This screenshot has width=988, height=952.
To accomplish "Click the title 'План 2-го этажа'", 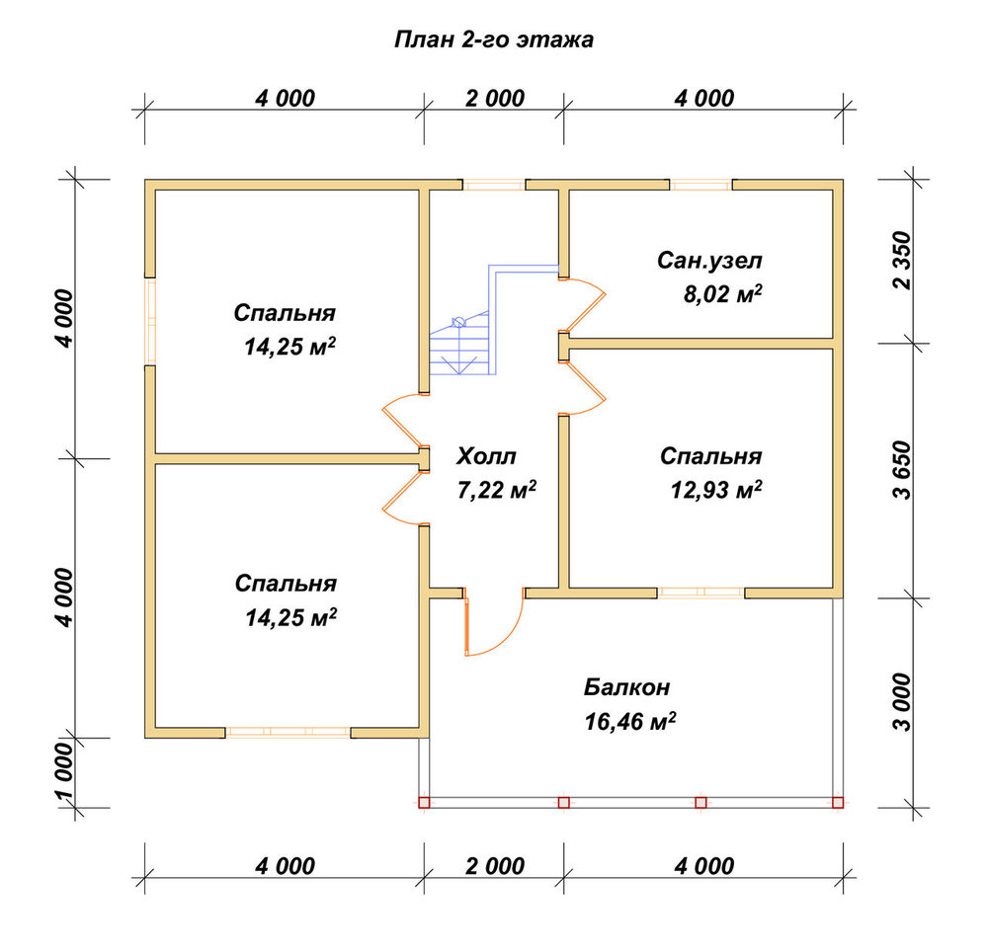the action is [493, 40].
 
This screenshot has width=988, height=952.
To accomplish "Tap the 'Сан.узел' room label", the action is [709, 260].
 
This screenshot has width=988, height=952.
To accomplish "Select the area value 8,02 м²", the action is [723, 294].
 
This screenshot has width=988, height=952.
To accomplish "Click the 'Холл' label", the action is [486, 456].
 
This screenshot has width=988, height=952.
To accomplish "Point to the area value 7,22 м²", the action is [497, 490].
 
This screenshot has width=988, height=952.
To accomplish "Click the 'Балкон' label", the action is [626, 687].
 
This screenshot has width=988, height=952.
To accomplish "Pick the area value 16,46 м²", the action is [630, 722].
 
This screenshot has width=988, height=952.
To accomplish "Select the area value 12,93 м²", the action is [716, 489].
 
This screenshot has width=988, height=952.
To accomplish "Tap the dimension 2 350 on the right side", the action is [902, 260].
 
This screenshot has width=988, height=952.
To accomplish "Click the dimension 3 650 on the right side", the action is [902, 470].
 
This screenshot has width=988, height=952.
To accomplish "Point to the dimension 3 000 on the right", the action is [902, 702].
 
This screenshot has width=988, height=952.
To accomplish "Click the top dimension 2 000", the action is [495, 98].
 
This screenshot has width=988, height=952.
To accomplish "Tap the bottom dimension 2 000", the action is [495, 866].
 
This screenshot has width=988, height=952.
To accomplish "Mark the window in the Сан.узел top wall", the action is [700, 185].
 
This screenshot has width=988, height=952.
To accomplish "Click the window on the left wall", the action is [150, 321].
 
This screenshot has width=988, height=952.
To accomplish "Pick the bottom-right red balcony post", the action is [838, 802].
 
